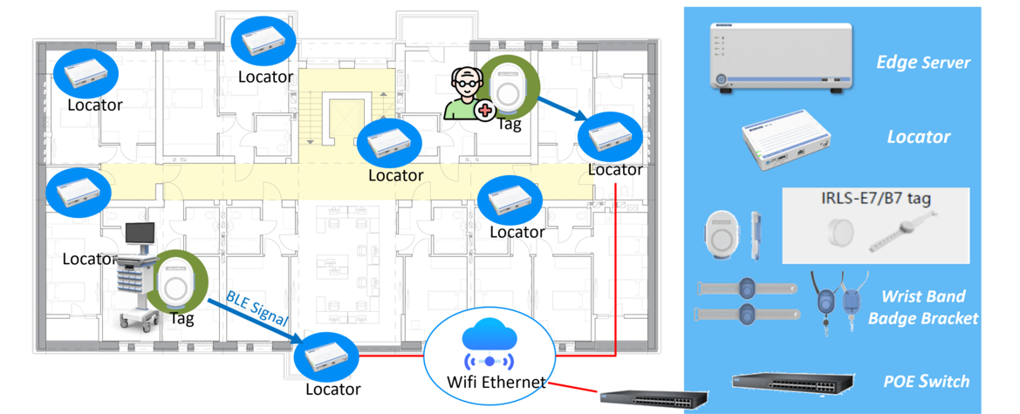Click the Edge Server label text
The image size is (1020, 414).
click(x=923, y=63)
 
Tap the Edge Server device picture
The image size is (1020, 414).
click(x=780, y=58)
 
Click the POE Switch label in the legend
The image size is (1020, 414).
click(x=926, y=382)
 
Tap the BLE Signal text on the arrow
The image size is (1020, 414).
click(x=257, y=309)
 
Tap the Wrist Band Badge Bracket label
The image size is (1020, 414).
click(x=923, y=308)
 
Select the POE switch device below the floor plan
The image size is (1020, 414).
click(x=653, y=397)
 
